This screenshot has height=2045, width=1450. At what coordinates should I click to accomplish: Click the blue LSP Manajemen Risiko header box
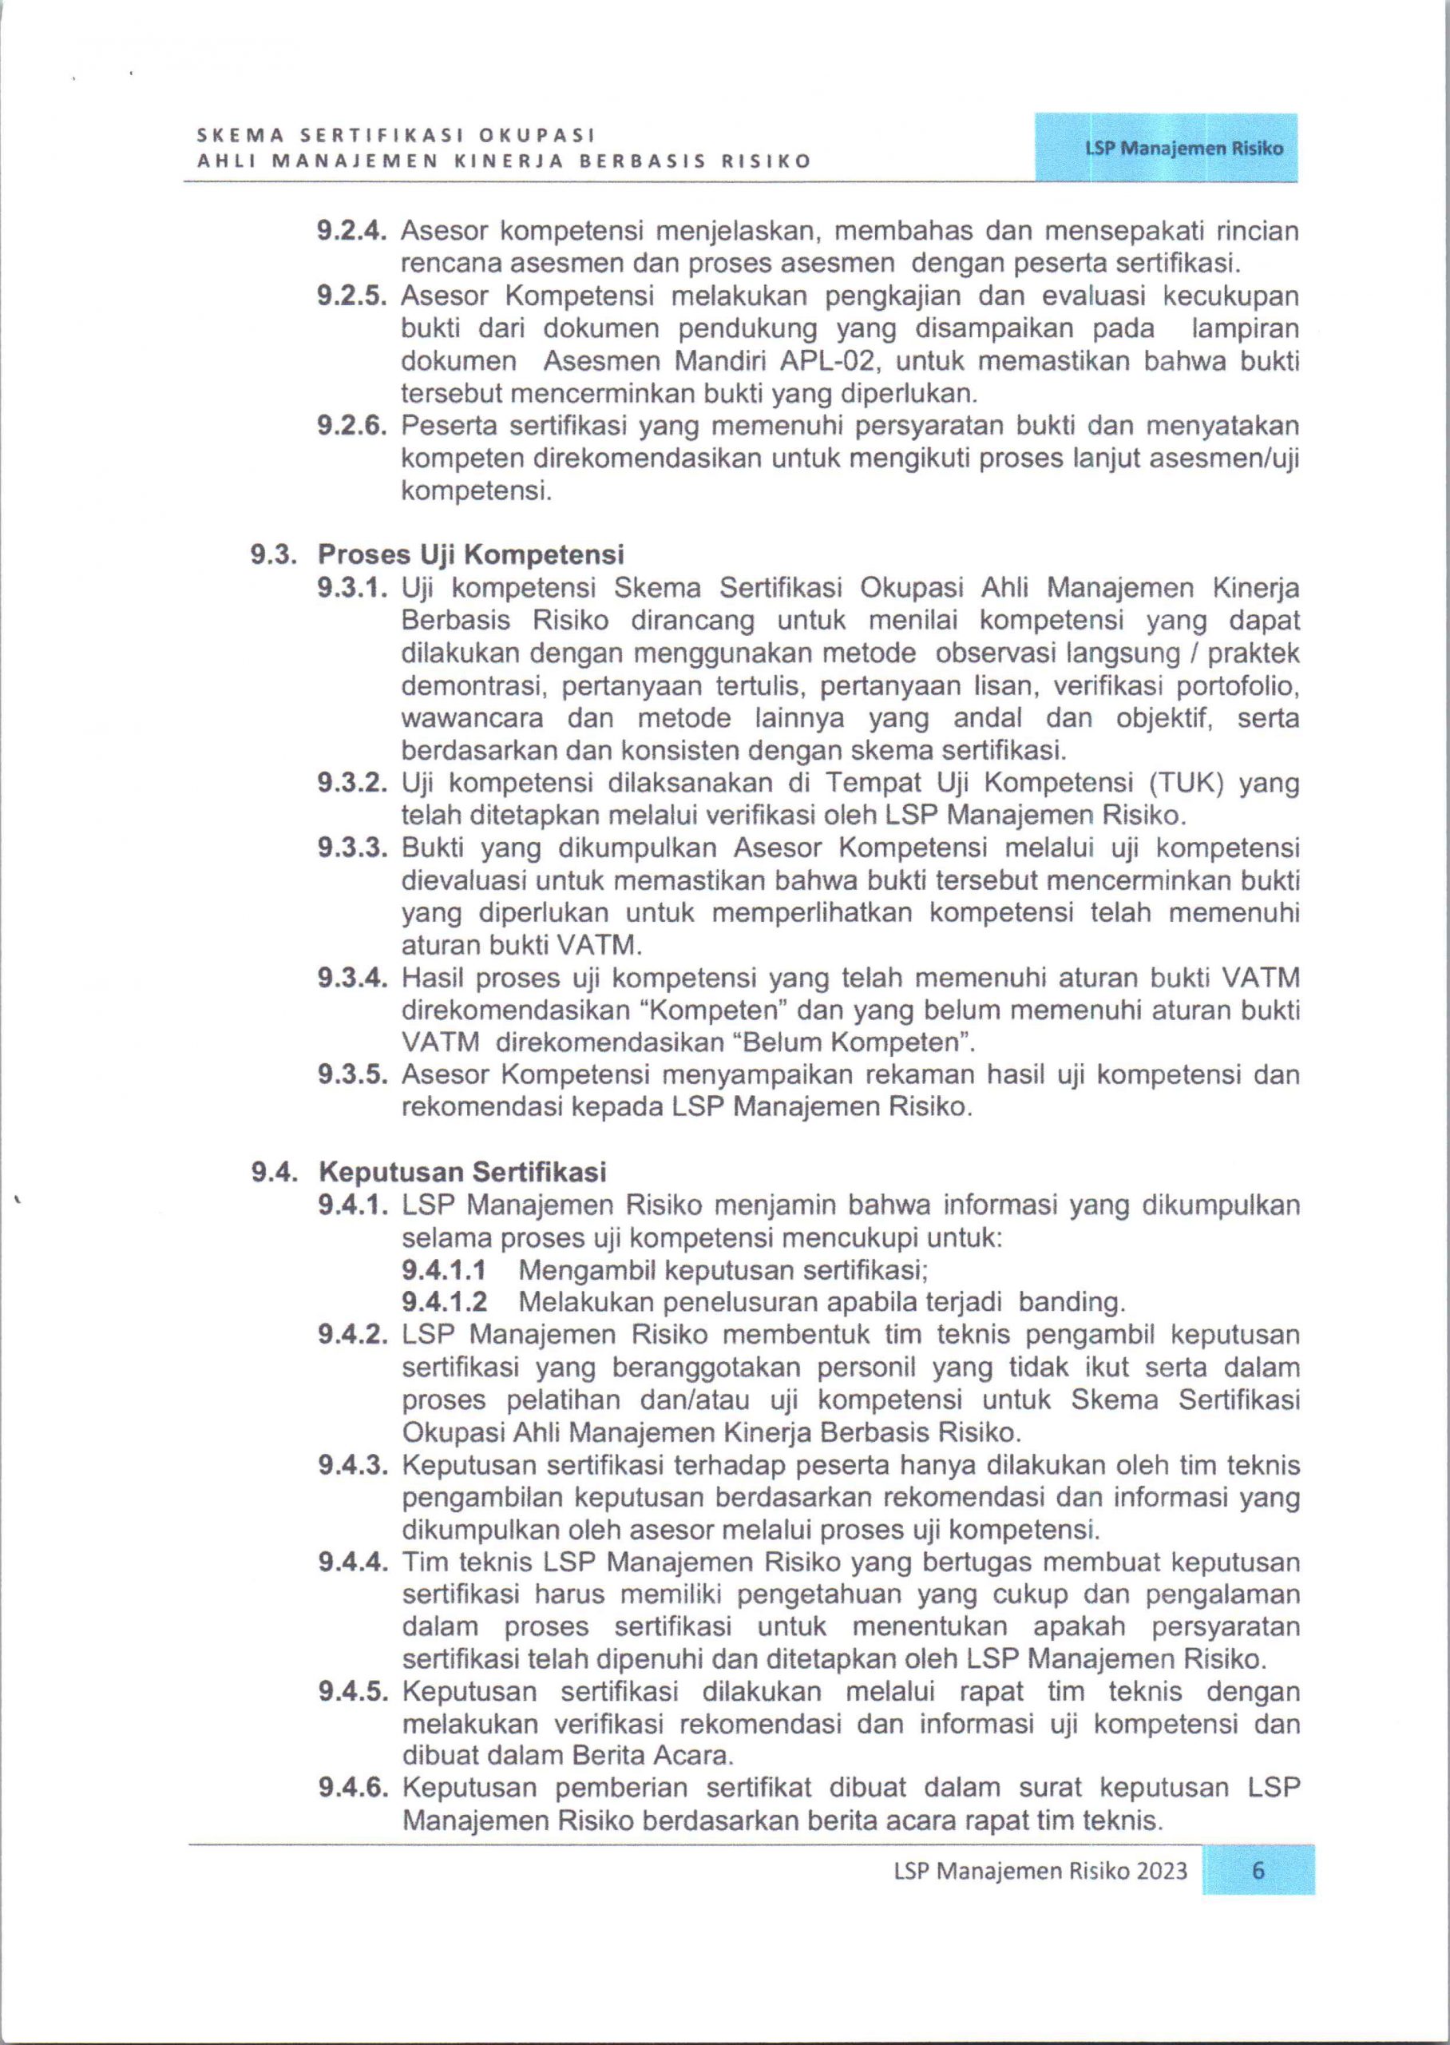pos(1165,149)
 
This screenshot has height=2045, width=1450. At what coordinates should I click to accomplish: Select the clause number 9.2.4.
pos(352,232)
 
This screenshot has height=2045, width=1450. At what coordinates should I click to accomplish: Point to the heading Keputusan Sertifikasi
pos(462,1171)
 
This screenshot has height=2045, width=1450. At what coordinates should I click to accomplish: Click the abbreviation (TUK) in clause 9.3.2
pos(1177,782)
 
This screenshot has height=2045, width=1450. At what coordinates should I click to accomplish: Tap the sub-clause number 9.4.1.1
pos(444,1269)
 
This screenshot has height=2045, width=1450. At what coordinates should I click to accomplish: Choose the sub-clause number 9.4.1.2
pos(444,1301)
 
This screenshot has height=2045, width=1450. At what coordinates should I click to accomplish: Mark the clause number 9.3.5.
pos(352,1074)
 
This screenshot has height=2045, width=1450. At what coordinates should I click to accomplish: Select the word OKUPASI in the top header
pos(537,135)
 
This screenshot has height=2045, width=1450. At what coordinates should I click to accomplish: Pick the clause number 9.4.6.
pos(352,1788)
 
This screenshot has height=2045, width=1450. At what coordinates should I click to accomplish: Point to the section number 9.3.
pos(275,554)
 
